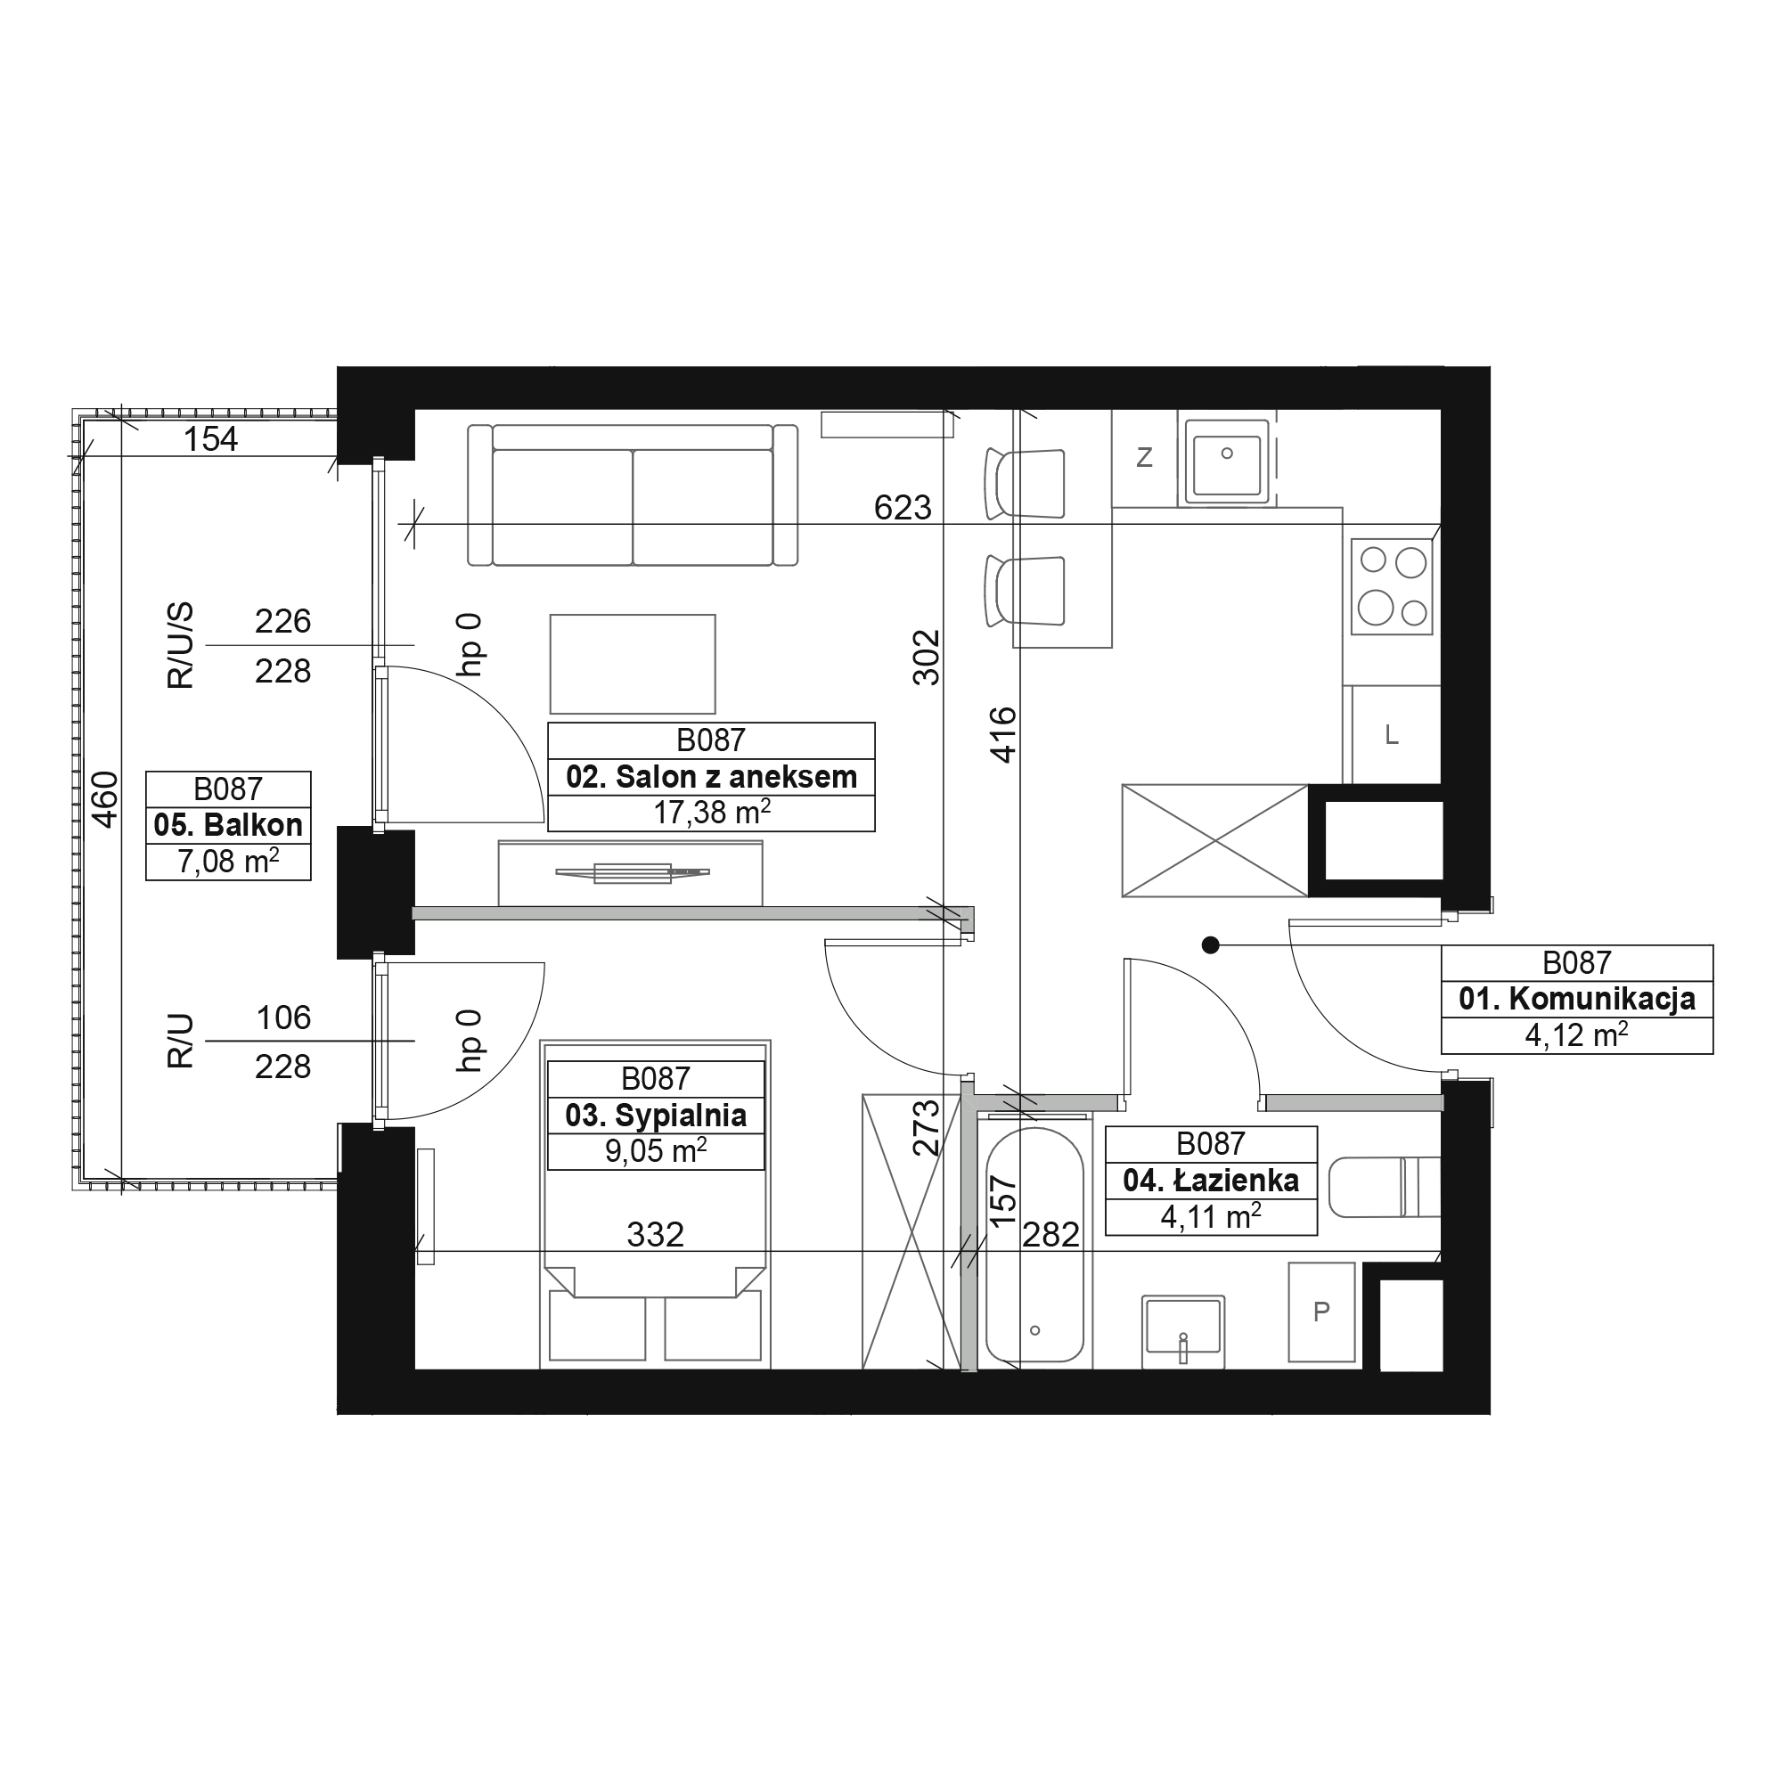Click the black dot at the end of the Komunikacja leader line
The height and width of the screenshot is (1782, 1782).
(x=1211, y=944)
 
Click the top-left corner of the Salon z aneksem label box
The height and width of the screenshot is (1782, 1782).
(x=548, y=723)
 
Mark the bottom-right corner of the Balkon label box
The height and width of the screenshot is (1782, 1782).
(x=311, y=880)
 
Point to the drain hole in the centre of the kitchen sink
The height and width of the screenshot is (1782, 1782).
(x=1227, y=453)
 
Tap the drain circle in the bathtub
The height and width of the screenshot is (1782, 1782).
(x=1034, y=1330)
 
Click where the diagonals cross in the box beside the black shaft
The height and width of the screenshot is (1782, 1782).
(x=1214, y=840)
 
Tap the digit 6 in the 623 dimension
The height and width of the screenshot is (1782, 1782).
(x=883, y=507)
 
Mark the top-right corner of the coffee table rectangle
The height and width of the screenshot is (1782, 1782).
(x=715, y=615)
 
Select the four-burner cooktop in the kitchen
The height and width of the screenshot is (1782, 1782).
(x=1392, y=586)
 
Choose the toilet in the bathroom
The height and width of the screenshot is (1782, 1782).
(x=1385, y=1187)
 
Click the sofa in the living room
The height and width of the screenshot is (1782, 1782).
(x=633, y=495)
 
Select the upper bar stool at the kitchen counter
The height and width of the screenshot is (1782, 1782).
(x=1025, y=483)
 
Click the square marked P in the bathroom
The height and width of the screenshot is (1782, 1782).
(x=1321, y=1312)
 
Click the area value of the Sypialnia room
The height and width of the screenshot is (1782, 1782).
(x=656, y=1151)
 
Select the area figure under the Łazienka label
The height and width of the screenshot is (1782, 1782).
(x=1211, y=1216)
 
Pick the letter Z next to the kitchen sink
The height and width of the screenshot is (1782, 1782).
(x=1145, y=457)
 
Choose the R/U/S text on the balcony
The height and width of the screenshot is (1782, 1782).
(x=181, y=646)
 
